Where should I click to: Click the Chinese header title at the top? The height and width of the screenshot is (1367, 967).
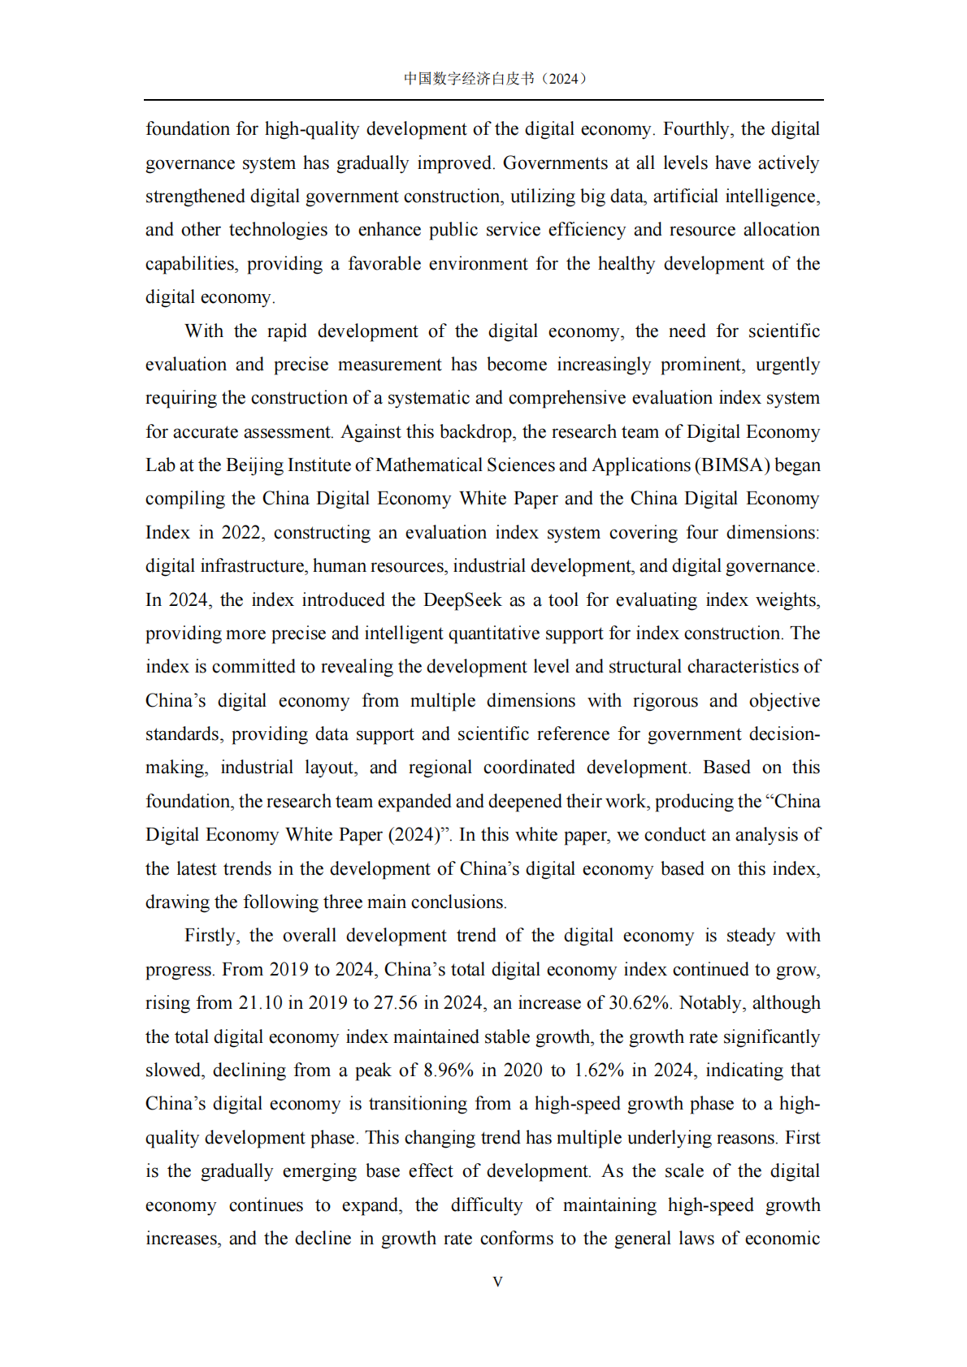(495, 79)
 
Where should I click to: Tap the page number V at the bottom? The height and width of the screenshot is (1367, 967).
(497, 1282)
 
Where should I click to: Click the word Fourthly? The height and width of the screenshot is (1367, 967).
(697, 129)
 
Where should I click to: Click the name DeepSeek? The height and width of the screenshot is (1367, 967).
(462, 599)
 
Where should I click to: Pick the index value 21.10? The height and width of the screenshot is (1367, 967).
(260, 1003)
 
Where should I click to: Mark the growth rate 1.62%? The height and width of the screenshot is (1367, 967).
(598, 1071)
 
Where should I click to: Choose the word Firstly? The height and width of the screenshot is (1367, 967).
(211, 936)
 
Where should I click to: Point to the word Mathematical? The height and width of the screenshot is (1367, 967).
(428, 465)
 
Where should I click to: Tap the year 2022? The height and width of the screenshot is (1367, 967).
(241, 533)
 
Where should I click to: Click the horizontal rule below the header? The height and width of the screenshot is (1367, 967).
(483, 100)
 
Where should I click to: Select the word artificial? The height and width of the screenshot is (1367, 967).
(687, 197)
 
